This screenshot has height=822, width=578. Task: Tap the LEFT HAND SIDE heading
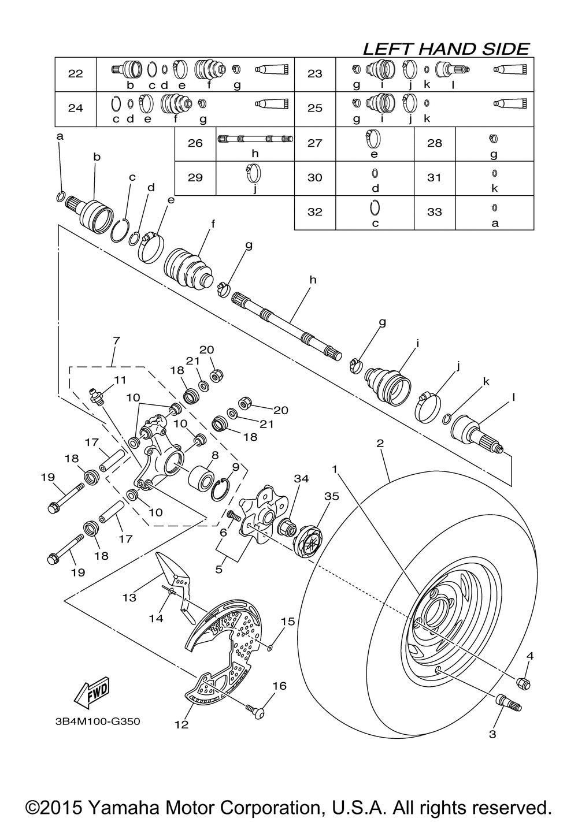point(446,49)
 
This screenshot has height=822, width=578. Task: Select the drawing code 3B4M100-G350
point(98,721)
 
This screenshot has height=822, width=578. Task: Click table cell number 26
point(195,143)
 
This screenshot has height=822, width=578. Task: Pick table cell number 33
point(435,212)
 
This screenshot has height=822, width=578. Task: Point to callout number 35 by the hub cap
point(332,497)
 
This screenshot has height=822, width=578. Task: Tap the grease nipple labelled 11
point(96,396)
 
